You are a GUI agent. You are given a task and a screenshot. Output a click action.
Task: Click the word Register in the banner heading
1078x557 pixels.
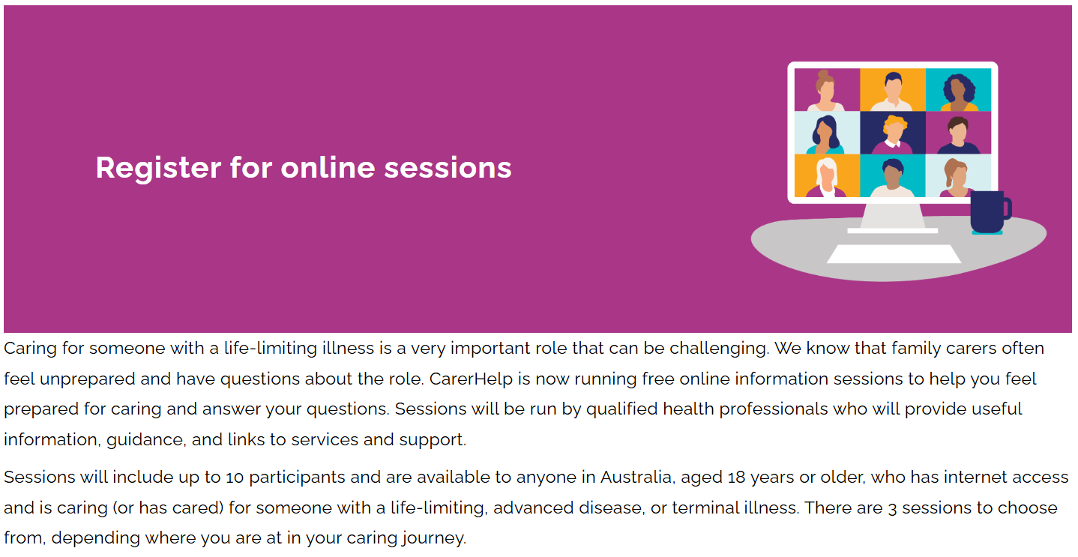[158, 168]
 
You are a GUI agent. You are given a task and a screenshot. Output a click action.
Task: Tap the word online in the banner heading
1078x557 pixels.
[327, 168]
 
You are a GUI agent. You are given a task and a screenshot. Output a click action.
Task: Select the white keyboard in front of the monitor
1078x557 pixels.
[894, 254]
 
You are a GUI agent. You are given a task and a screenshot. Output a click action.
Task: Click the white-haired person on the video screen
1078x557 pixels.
[827, 177]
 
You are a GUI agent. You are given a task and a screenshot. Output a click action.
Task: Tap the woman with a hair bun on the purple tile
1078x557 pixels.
[826, 90]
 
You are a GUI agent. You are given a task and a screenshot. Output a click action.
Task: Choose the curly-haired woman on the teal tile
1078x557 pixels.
[958, 90]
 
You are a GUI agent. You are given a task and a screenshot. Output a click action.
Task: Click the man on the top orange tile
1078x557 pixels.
[892, 90]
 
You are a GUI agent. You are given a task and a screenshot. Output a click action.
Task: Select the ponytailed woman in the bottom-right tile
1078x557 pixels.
[957, 177]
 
